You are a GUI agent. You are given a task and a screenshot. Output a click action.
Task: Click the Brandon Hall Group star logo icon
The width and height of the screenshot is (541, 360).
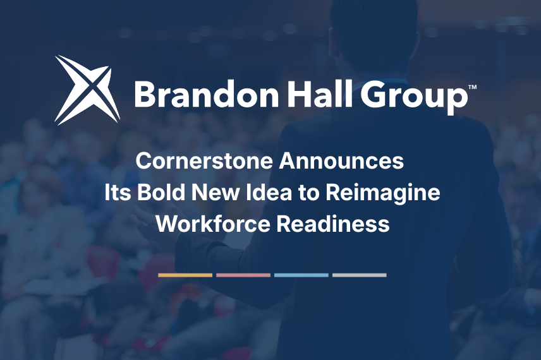point(87,90)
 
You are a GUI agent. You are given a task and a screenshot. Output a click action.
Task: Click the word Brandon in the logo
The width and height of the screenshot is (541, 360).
point(206,94)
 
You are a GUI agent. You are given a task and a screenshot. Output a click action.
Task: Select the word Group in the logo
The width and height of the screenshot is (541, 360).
point(414,97)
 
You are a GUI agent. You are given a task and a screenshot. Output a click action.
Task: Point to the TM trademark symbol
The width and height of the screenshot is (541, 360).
point(472,87)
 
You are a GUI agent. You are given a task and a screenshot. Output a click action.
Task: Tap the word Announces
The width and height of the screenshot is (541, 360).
point(341,161)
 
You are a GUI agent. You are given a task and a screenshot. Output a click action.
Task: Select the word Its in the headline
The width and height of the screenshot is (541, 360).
point(118,193)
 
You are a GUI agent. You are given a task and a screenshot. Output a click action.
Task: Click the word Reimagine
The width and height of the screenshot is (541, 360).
point(382,194)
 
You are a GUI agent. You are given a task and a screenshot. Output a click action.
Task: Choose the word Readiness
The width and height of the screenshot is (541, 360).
point(333,224)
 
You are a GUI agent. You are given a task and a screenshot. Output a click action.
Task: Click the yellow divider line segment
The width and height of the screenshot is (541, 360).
point(185,275)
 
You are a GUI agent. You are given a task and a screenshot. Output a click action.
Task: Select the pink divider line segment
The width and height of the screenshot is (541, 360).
point(243,275)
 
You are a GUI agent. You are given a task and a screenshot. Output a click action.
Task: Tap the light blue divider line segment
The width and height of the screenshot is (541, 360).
point(301,275)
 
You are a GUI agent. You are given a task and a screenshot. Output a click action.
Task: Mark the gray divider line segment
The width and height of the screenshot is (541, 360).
point(359,275)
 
